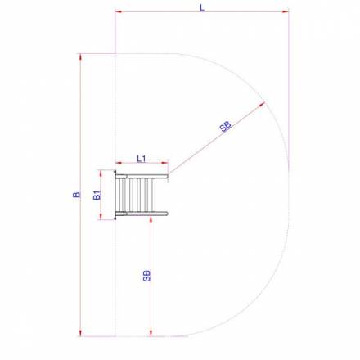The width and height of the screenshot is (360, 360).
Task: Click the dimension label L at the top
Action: pos(201,7)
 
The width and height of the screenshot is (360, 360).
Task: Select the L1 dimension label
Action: pos(141,157)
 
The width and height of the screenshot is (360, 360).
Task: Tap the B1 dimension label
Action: pos(96,195)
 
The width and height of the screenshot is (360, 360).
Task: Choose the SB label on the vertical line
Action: pos(146,275)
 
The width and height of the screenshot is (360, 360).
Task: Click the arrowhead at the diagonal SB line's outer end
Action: pos(263,104)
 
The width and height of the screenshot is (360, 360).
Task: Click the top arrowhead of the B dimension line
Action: pos(80,58)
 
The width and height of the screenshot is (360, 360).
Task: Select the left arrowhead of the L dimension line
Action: pos(119,12)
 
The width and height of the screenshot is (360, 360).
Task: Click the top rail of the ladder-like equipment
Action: pos(142,175)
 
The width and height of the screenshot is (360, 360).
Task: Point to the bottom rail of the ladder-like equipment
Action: pos(142,214)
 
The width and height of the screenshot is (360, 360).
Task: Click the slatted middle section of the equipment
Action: pos(135,195)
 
